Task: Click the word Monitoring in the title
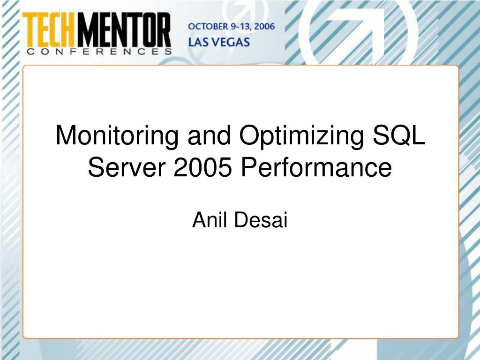[x=117, y=136]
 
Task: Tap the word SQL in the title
[x=399, y=135]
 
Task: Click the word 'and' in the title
[x=209, y=135]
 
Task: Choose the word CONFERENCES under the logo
[x=99, y=52]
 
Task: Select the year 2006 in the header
[x=264, y=27]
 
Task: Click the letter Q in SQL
[x=400, y=135]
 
